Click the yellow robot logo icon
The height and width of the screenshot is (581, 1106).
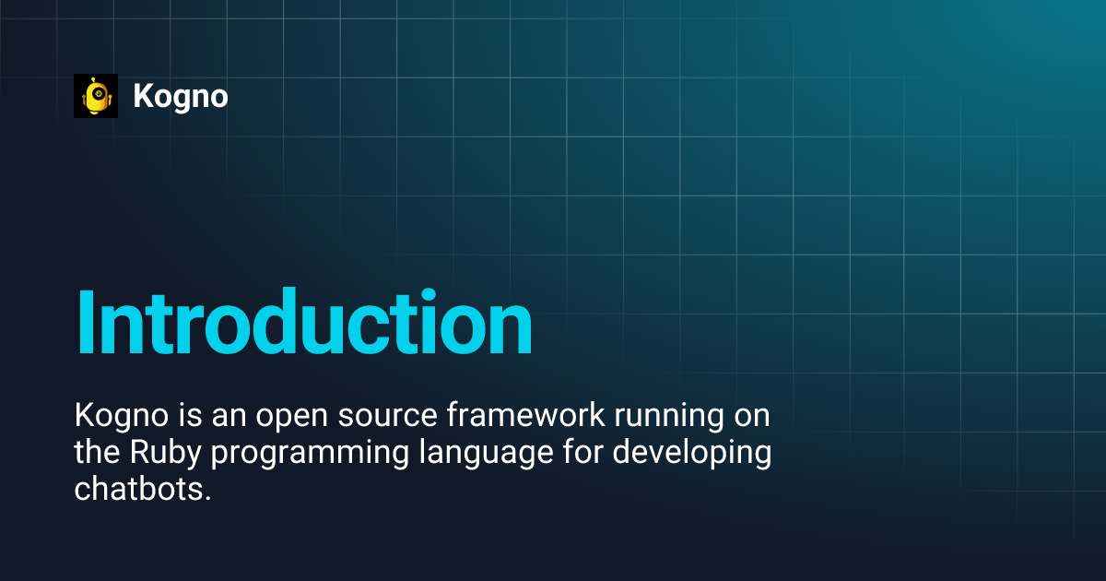tap(96, 96)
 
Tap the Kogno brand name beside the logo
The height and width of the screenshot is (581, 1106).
tap(181, 96)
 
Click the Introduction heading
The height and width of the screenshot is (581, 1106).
tap(304, 323)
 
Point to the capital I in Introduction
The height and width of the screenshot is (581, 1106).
tap(86, 323)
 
